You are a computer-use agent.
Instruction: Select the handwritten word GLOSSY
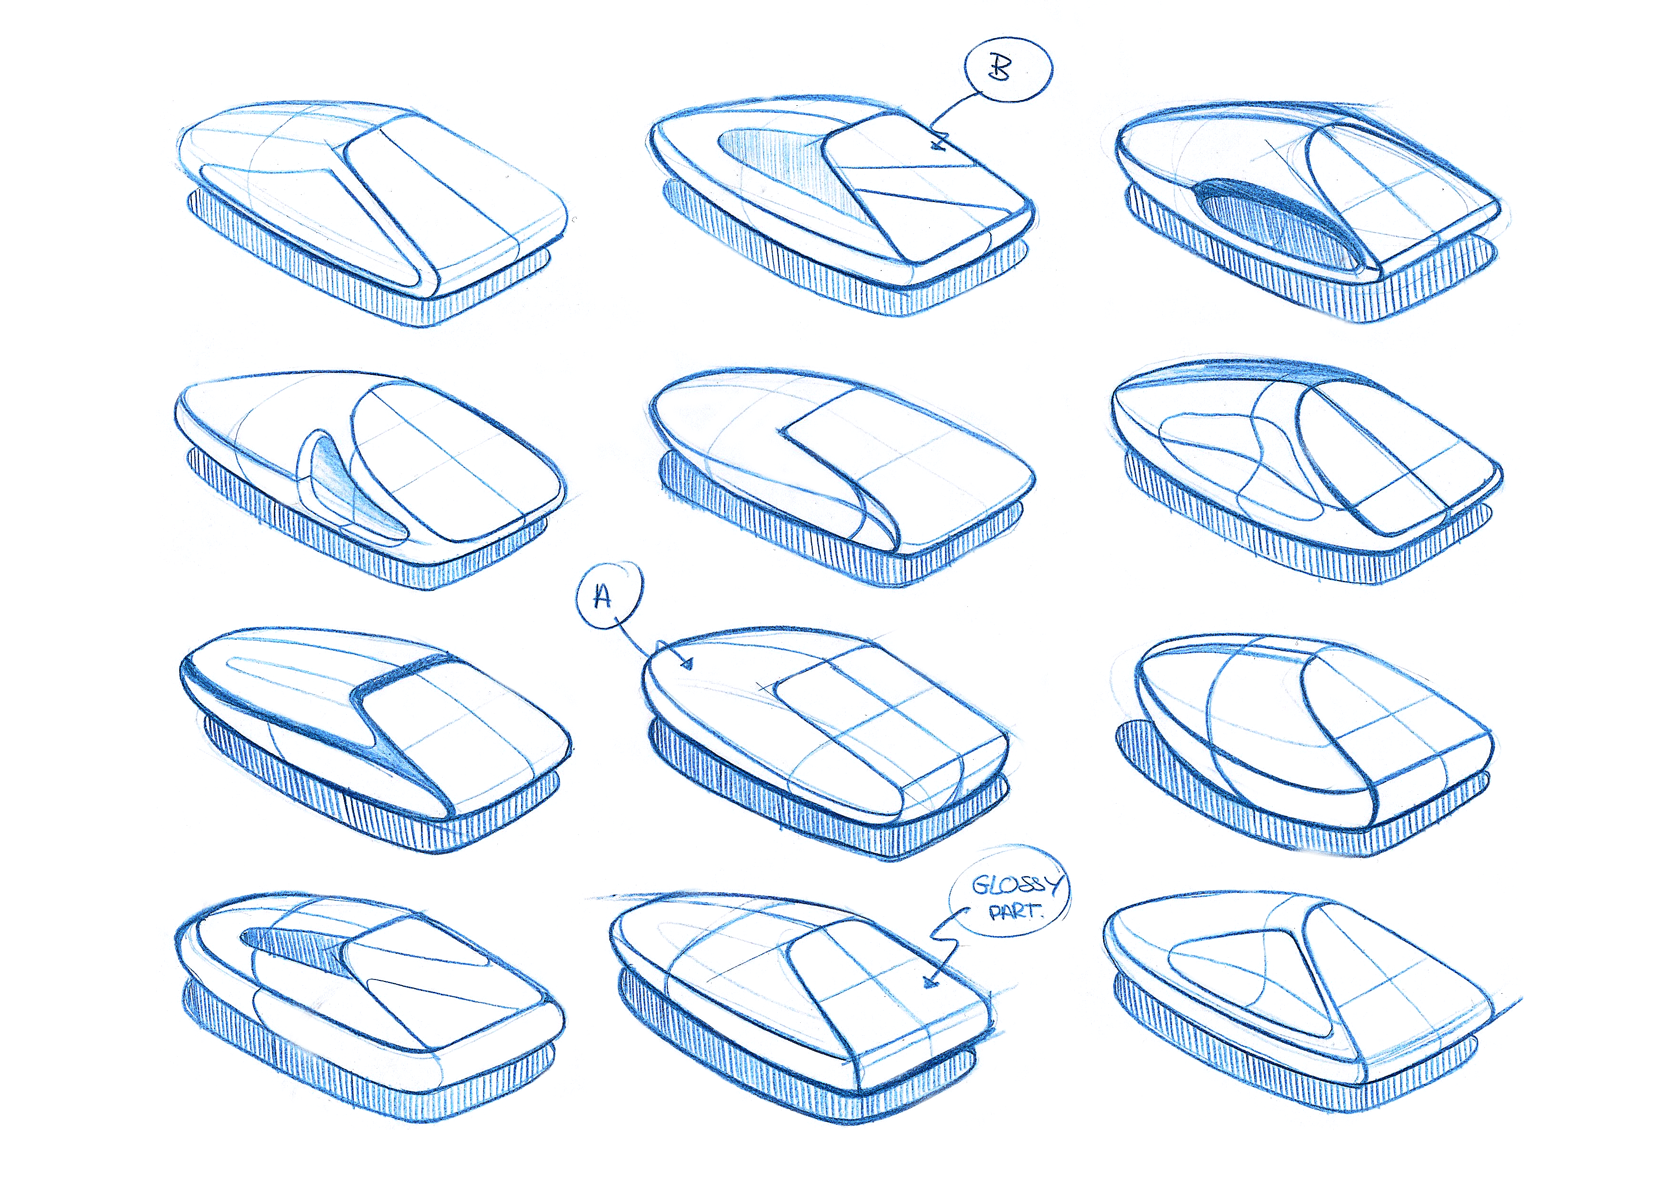(1017, 884)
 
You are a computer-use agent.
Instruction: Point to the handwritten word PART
(1016, 910)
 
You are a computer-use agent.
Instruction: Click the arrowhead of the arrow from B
(938, 142)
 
